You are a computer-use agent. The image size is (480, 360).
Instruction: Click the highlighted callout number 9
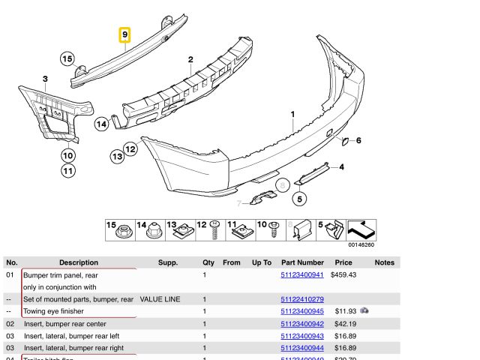click(125, 35)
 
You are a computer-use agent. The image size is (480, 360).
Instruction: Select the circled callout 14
click(102, 124)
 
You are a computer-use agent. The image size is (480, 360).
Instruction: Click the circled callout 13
click(117, 156)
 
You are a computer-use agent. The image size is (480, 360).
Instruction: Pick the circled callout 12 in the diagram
click(130, 148)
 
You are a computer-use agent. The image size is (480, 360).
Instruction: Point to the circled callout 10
click(68, 156)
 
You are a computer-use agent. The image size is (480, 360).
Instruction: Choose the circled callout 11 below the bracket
click(68, 171)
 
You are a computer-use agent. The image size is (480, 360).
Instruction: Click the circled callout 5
click(299, 199)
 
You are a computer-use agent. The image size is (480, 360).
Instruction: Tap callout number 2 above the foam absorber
click(190, 59)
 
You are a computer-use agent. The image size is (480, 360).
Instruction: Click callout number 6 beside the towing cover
click(358, 140)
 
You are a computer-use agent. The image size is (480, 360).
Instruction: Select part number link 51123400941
click(301, 275)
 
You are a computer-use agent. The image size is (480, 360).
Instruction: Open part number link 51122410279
click(301, 299)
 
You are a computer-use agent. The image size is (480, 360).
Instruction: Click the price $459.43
click(344, 275)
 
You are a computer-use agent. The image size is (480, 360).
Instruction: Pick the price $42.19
click(344, 324)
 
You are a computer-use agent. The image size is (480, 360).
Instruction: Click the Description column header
click(79, 262)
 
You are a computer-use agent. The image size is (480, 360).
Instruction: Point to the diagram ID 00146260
click(361, 244)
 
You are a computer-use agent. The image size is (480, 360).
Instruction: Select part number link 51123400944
click(301, 348)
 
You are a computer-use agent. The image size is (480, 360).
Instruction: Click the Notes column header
click(384, 262)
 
